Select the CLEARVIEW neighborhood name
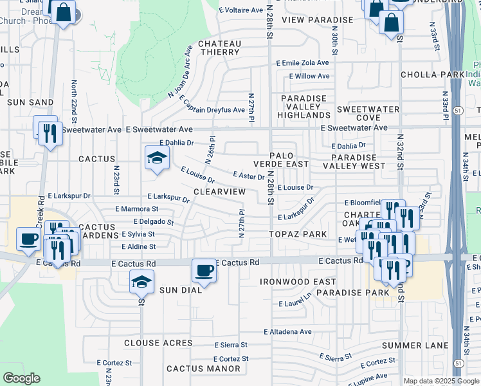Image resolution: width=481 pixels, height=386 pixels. pos(219,192)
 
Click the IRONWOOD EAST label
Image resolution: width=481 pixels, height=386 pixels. pos(298,282)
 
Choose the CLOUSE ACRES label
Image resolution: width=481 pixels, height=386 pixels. pos(158,344)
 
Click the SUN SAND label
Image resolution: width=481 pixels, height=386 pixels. pos(30,102)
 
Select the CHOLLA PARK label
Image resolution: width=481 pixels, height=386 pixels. pos(432,75)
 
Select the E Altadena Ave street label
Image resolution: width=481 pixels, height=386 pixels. pos(287,332)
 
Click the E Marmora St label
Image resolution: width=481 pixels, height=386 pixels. pos(137,209)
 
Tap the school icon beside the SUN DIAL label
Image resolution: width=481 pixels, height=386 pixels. pos(141,281)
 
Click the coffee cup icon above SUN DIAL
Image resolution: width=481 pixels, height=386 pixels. pos(204,270)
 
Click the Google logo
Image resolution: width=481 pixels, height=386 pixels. pos(21,378)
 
